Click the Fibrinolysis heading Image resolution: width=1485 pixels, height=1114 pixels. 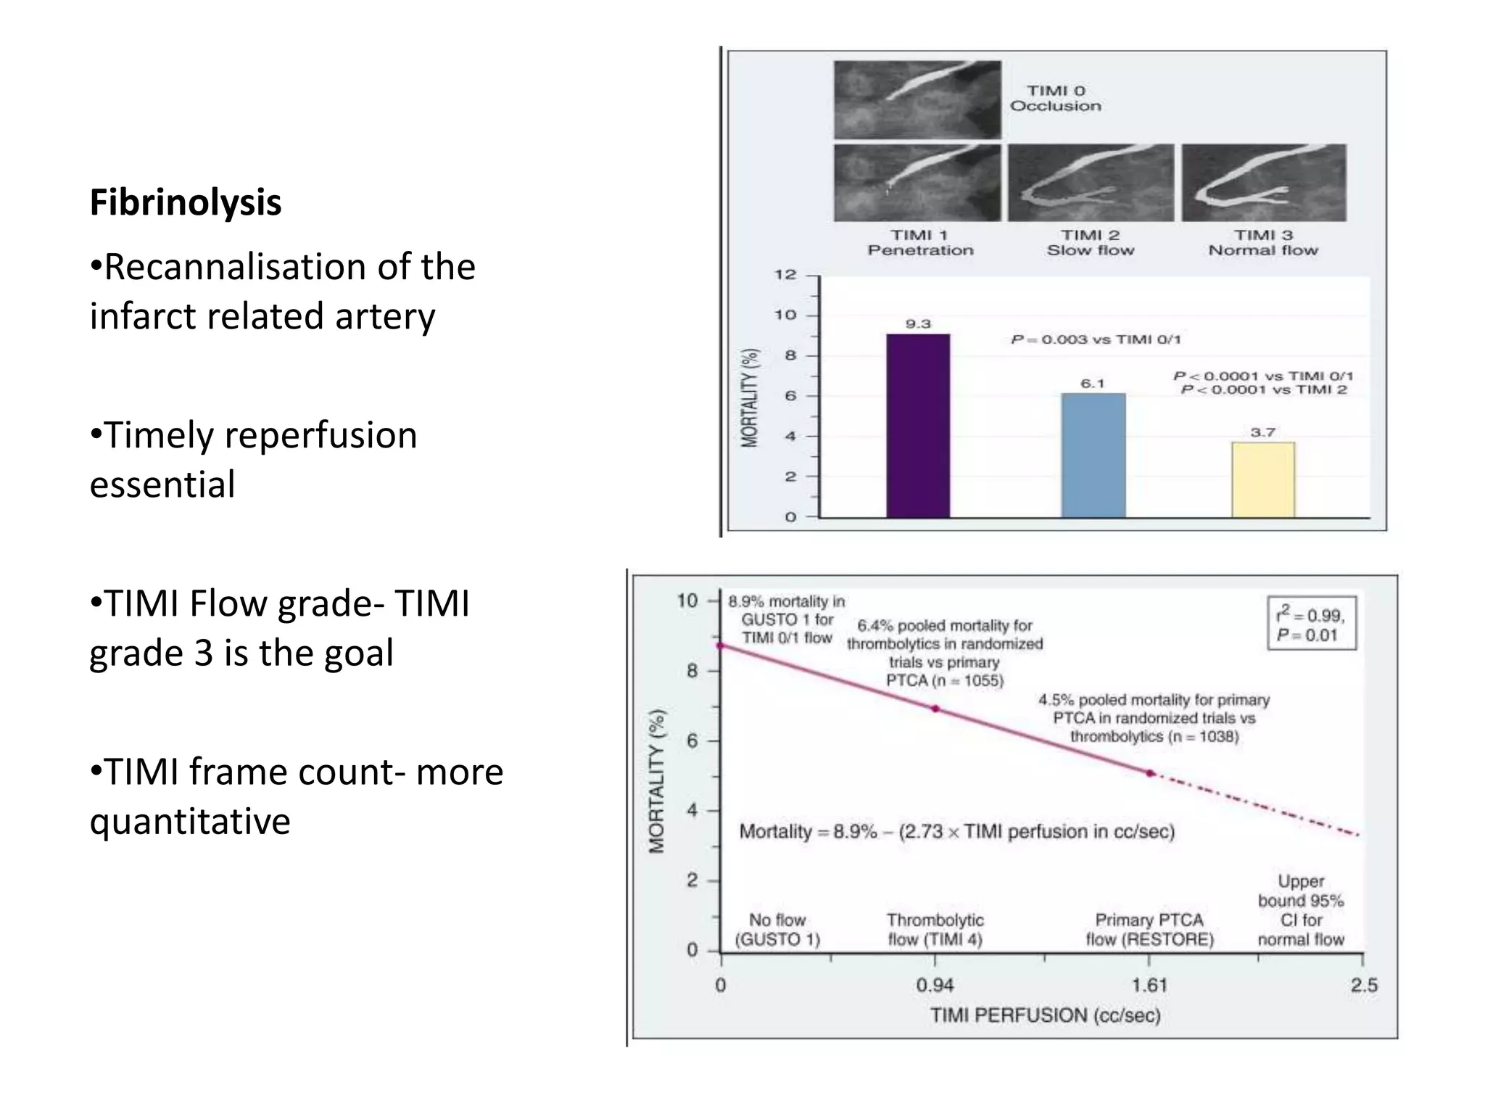[186, 202]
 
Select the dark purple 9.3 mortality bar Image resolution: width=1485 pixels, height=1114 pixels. [918, 426]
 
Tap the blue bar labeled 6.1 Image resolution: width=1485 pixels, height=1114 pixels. [1093, 455]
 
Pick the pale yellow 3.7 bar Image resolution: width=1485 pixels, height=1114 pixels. [1263, 479]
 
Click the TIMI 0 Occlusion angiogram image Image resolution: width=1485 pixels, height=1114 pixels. [917, 99]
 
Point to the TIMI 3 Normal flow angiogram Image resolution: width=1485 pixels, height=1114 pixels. [1264, 183]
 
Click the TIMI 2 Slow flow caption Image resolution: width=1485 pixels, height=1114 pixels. [1090, 243]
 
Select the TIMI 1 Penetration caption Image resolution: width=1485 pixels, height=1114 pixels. [920, 243]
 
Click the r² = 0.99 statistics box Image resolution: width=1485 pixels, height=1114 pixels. [1311, 624]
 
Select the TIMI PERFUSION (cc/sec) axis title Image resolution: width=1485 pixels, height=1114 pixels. [1045, 1015]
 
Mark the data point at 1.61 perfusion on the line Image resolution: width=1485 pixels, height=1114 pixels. [1150, 773]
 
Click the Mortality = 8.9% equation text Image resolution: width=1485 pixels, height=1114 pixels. [956, 831]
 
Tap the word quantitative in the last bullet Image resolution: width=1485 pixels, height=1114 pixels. [190, 822]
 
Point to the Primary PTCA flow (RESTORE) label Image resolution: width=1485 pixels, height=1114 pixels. [1149, 930]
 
